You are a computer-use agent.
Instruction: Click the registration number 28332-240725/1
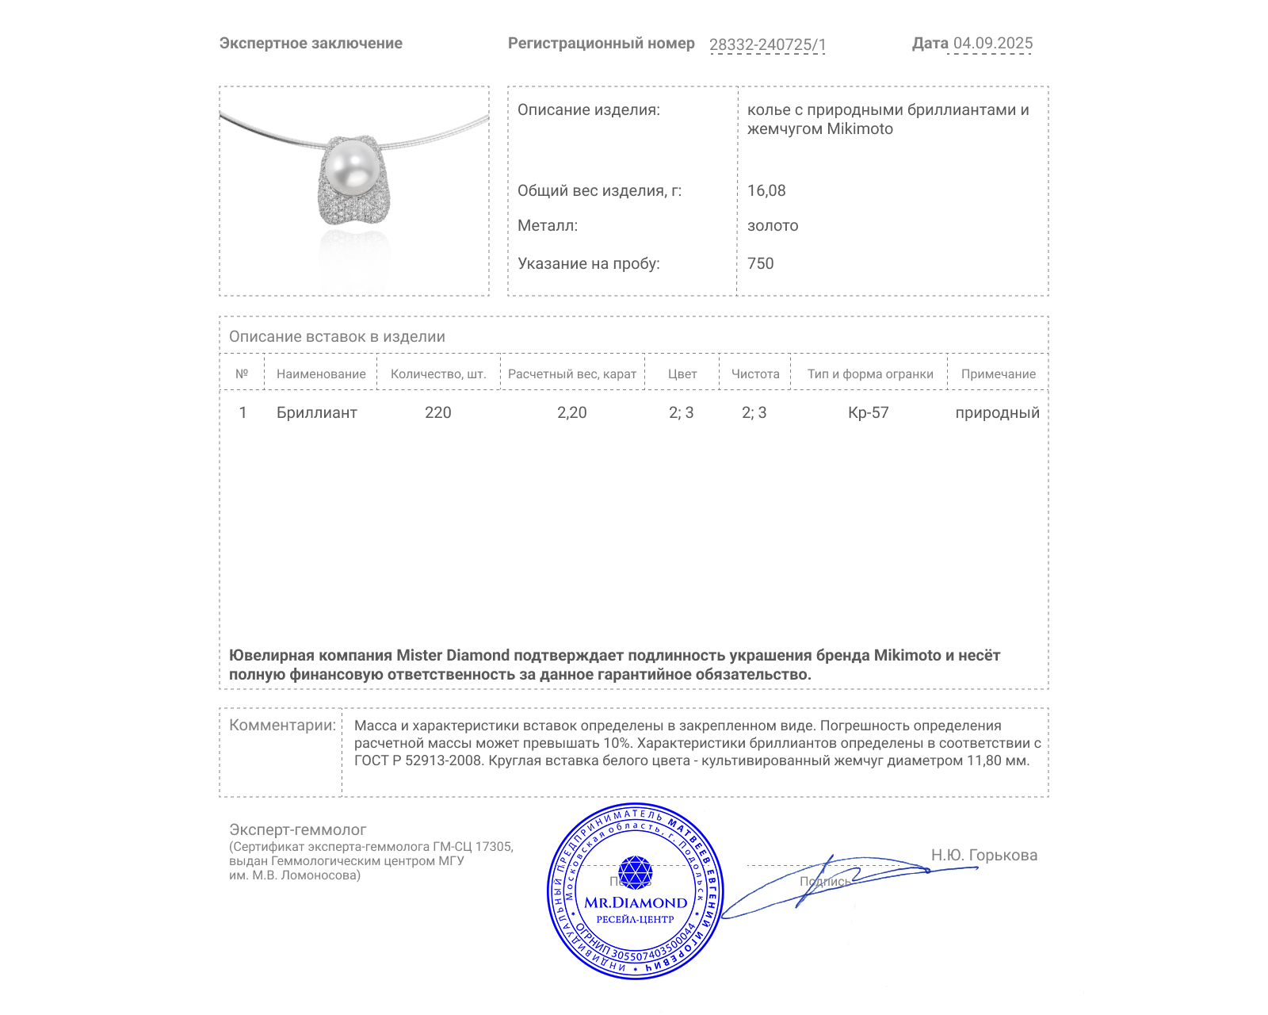click(767, 44)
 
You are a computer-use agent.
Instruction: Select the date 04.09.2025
click(992, 43)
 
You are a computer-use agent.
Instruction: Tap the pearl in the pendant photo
click(350, 167)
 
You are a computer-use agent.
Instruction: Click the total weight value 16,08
click(766, 190)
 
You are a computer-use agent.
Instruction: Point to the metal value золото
click(773, 225)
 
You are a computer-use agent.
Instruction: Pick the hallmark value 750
click(760, 263)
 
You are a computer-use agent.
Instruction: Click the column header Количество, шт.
click(438, 373)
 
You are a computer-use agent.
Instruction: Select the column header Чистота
click(755, 373)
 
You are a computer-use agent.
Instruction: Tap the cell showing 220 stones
click(437, 412)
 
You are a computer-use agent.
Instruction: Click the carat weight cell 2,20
click(571, 412)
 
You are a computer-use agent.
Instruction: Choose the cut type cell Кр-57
click(869, 412)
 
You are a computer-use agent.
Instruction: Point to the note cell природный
click(997, 412)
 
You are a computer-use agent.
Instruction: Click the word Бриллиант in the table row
click(316, 412)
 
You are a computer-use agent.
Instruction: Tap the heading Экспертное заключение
click(311, 43)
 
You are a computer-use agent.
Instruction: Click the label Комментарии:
click(282, 725)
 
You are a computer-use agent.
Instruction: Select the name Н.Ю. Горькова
click(983, 855)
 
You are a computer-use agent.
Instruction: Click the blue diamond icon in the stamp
click(635, 871)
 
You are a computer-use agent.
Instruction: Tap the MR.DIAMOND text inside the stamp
click(636, 902)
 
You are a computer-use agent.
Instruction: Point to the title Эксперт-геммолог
click(297, 829)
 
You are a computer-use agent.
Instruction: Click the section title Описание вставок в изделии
click(337, 336)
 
